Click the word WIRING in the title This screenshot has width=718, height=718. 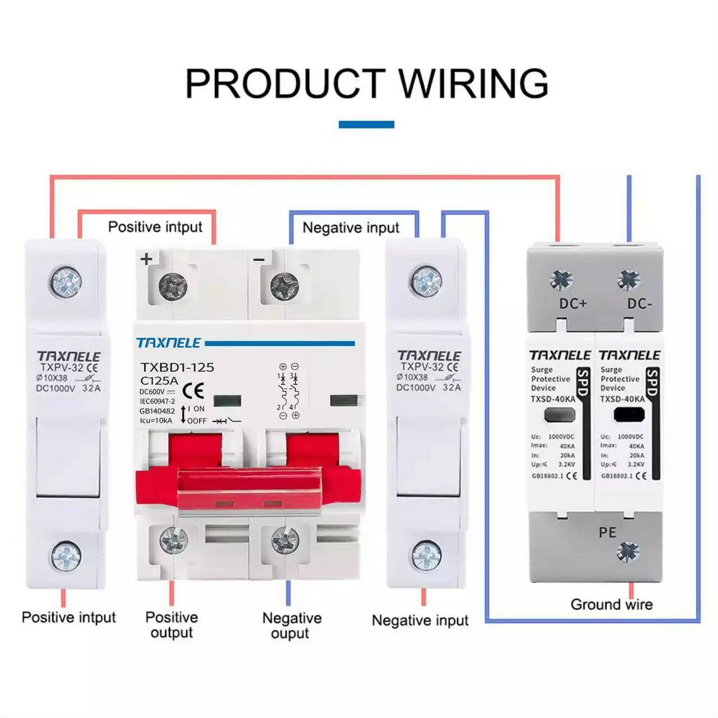pyautogui.click(x=473, y=84)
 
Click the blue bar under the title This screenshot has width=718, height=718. pyautogui.click(x=366, y=125)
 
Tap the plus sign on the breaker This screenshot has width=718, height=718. pyautogui.click(x=146, y=259)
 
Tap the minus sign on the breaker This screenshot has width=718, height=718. pyautogui.click(x=259, y=259)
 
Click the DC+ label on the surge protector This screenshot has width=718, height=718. pyautogui.click(x=573, y=303)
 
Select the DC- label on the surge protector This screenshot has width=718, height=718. pyautogui.click(x=639, y=303)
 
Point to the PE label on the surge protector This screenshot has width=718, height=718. pyautogui.click(x=607, y=532)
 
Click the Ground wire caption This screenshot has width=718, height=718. pyautogui.click(x=611, y=604)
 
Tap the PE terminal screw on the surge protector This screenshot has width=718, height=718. pyautogui.click(x=627, y=552)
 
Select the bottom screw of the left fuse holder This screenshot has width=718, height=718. pyautogui.click(x=66, y=556)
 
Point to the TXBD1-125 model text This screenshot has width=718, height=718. pyautogui.click(x=177, y=367)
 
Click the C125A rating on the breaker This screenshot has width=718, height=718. pyautogui.click(x=160, y=380)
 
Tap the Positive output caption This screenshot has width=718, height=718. pyautogui.click(x=172, y=624)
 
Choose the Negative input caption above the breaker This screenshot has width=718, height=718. pyautogui.click(x=351, y=228)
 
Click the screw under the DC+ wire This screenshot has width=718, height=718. pyautogui.click(x=560, y=279)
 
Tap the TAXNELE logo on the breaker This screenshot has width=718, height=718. pyautogui.click(x=169, y=343)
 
